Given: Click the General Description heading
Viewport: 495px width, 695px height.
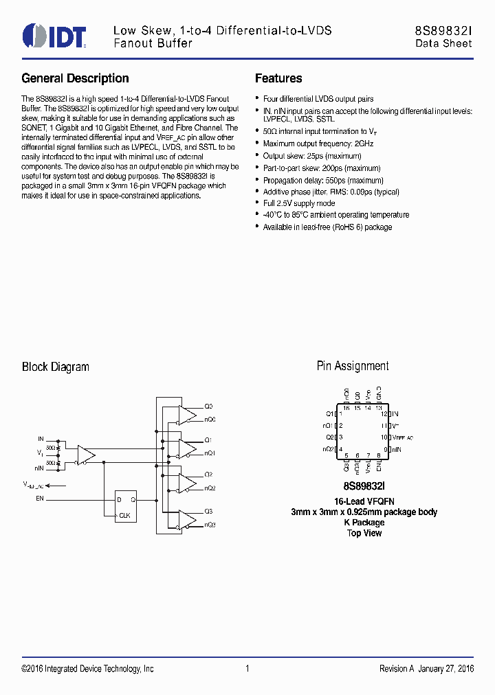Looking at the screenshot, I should tap(75, 78).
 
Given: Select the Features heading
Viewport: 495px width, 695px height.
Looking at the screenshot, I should tap(278, 78).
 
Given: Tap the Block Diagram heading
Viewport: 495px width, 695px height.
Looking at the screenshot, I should tap(56, 367).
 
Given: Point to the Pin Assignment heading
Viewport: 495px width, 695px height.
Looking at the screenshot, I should tap(353, 366).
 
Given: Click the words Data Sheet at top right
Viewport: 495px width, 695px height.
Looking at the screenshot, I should tap(443, 43).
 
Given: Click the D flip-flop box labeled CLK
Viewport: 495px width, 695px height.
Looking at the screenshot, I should tap(125, 506).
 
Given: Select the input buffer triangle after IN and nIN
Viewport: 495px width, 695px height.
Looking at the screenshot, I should tap(86, 455).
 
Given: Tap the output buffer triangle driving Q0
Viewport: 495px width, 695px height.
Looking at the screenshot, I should tap(186, 413).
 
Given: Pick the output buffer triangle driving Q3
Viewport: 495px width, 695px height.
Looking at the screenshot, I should tap(186, 519).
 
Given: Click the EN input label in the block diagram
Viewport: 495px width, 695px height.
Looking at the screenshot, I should tap(40, 499).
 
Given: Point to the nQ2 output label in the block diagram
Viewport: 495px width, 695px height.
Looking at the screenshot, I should tap(210, 488).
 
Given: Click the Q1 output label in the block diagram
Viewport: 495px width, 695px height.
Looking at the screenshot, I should tap(208, 440).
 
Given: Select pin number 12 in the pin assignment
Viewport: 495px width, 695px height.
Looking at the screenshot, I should tap(385, 414).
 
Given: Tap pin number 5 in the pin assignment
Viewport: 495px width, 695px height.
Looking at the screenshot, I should tap(346, 455).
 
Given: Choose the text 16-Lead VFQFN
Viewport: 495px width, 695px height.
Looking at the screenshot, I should tap(364, 501).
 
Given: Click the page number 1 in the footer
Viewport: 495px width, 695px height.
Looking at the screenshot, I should tap(247, 669).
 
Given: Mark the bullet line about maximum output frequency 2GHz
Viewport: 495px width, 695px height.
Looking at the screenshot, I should tap(318, 144).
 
